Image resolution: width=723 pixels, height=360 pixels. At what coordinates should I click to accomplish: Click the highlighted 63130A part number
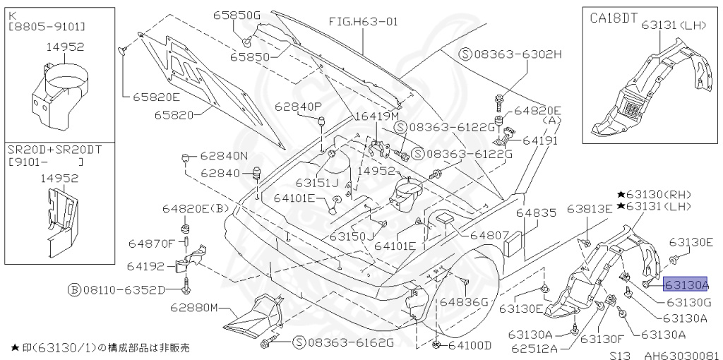pos(686,284)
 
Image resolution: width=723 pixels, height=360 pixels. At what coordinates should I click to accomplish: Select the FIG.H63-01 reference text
pos(363,21)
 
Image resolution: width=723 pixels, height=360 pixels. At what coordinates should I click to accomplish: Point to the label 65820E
pos(156,96)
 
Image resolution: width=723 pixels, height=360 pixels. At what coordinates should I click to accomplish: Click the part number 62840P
pos(298,107)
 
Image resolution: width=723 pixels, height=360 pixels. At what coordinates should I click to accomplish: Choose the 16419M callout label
pos(376,115)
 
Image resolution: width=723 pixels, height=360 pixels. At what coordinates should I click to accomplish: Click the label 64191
pos(540,140)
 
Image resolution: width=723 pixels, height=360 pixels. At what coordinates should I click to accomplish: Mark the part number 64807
pos(489,234)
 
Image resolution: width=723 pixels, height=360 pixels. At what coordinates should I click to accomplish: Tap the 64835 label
pos(536,212)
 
